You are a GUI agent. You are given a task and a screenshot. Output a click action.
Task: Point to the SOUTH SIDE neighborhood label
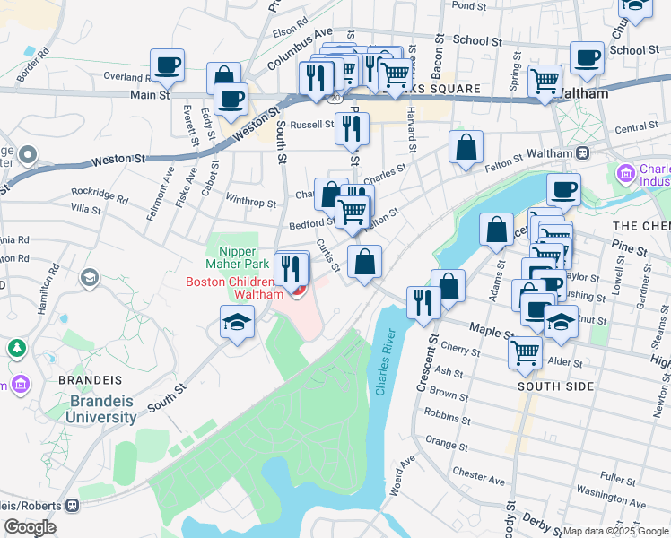point(555,386)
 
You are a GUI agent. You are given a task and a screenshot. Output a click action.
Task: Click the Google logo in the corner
point(30,527)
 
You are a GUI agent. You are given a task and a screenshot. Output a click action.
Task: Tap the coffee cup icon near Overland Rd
point(168,65)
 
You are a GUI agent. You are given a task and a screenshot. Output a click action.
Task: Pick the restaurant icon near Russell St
point(352,128)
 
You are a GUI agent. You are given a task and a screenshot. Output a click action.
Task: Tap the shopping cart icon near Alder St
point(525,351)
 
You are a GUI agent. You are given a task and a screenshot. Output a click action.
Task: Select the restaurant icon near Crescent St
point(423,302)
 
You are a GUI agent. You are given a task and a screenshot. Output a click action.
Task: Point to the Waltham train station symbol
point(582,153)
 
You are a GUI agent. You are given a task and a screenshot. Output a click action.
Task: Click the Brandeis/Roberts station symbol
point(74,505)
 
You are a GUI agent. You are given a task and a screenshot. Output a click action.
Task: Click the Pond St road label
point(468,5)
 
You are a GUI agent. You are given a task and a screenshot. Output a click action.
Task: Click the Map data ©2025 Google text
point(614,531)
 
